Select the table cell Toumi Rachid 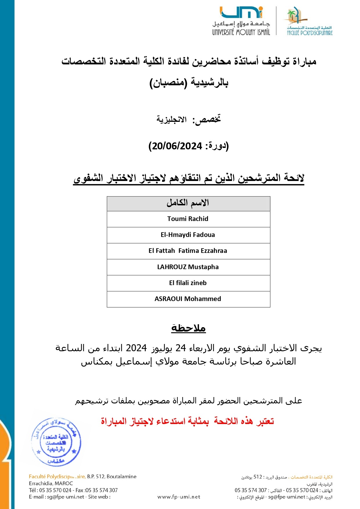(x=188, y=219)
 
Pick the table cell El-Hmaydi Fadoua (x=188, y=235)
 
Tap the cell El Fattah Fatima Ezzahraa (x=188, y=251)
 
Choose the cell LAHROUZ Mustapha (x=188, y=267)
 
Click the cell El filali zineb (x=188, y=283)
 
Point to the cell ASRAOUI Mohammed (x=188, y=299)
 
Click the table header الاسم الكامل (x=188, y=203)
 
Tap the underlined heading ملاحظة (x=188, y=328)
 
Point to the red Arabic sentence (x=187, y=421)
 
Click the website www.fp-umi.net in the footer (x=179, y=497)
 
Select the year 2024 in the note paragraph (x=136, y=348)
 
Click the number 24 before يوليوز (x=181, y=348)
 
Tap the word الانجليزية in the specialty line (x=172, y=119)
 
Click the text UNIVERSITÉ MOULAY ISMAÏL (x=241, y=32)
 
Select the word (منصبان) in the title (x=168, y=83)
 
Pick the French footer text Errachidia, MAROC (x=51, y=483)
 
